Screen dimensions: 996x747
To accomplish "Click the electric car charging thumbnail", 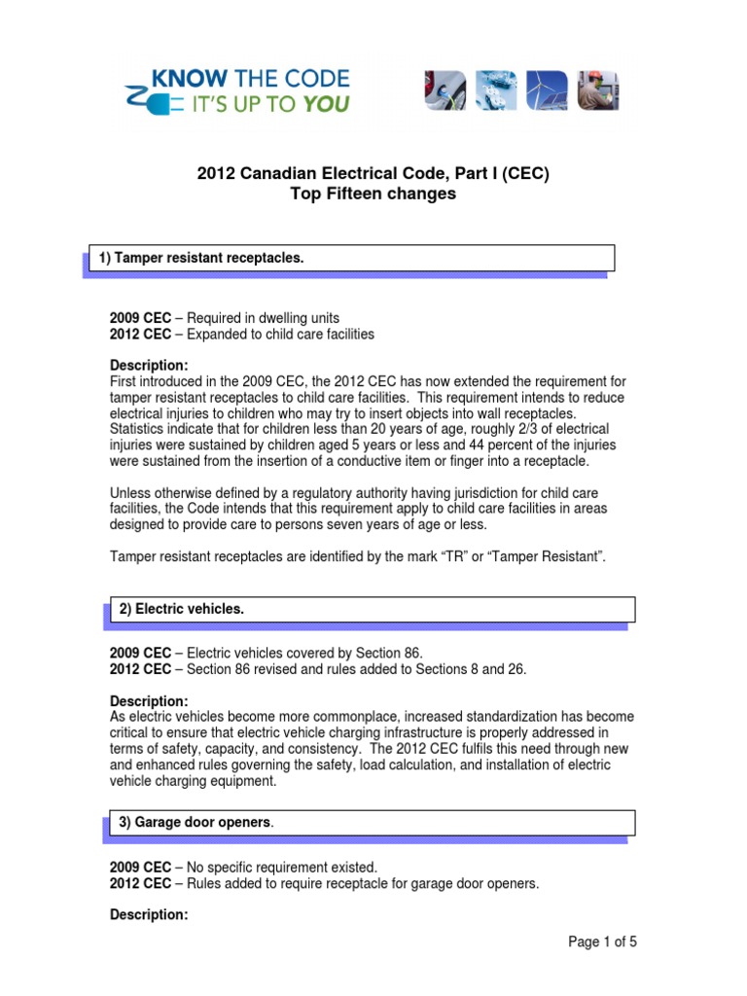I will click(x=445, y=90).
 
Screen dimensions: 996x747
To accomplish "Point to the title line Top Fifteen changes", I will click(x=373, y=194).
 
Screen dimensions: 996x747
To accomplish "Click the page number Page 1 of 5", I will click(x=603, y=942).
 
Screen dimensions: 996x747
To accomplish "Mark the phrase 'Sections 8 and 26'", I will click(x=471, y=668).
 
